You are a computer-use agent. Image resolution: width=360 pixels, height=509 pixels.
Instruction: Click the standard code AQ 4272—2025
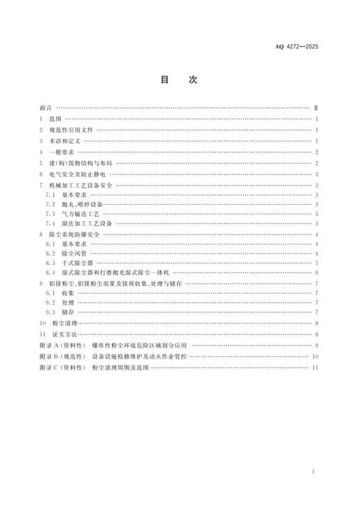[302, 47]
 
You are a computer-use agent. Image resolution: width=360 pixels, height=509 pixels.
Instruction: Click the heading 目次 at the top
[179, 80]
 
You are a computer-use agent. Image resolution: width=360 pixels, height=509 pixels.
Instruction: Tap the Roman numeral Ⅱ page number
[316, 109]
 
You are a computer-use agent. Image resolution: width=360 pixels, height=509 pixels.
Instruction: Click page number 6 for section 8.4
[316, 273]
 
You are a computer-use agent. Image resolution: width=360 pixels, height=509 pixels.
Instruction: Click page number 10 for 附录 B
[315, 355]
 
